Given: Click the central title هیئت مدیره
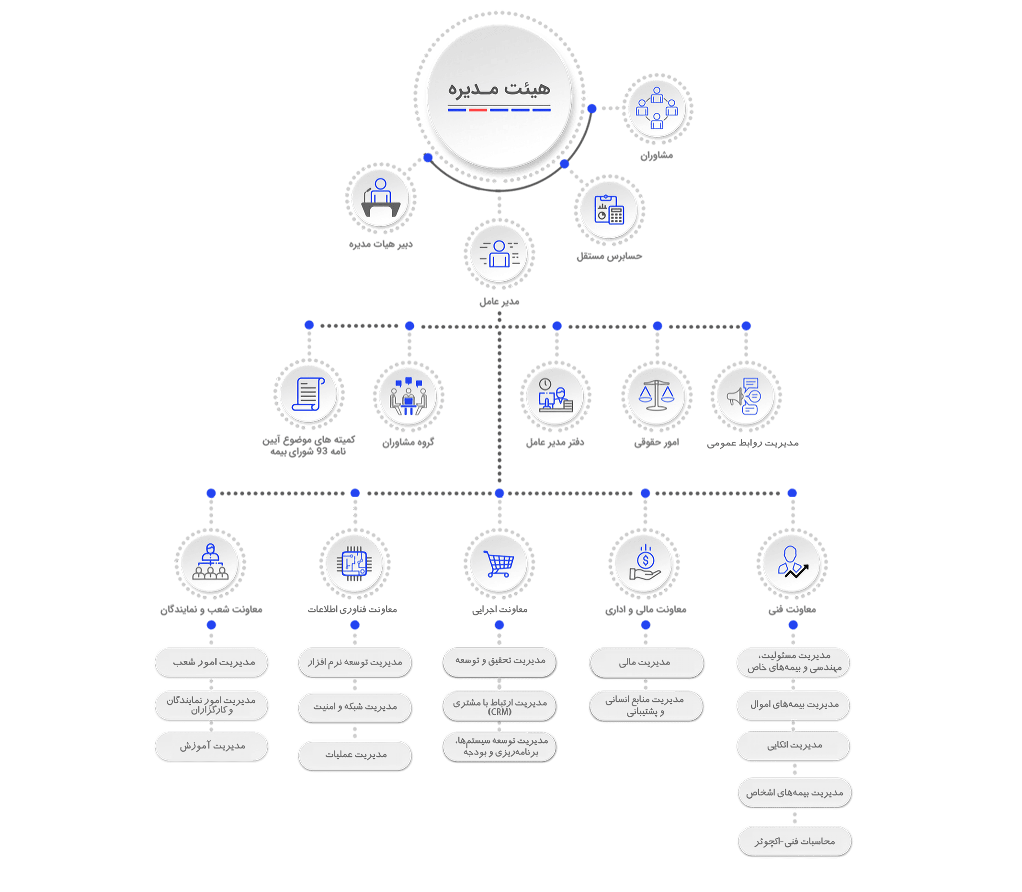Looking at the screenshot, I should coord(499,89).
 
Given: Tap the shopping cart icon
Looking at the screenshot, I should coord(499,563).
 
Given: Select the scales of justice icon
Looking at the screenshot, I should coord(656,396).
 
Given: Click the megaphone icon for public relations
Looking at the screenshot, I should coord(746,396).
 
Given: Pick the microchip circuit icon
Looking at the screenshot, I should coord(354,563).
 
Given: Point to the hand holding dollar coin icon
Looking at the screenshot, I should coord(645,563).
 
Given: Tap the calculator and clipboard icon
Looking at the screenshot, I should coord(609,210).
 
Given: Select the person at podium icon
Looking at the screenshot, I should coord(381,198).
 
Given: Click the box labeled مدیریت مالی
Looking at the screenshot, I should coord(646,662).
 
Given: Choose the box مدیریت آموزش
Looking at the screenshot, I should coord(211,746).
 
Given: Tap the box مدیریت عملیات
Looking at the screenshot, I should coord(355,755).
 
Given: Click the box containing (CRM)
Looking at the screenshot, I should coord(500,706).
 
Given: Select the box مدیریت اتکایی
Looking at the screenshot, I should coord(794,745).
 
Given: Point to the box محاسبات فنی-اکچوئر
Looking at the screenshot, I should coord(795,841).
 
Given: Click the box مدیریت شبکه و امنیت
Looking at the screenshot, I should coord(355,707).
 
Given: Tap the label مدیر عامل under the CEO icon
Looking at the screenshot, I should coord(499,301).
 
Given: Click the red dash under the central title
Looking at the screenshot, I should coord(477,110).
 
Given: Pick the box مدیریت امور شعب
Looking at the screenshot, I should coord(212,662).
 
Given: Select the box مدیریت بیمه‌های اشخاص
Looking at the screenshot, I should coord(795,792).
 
